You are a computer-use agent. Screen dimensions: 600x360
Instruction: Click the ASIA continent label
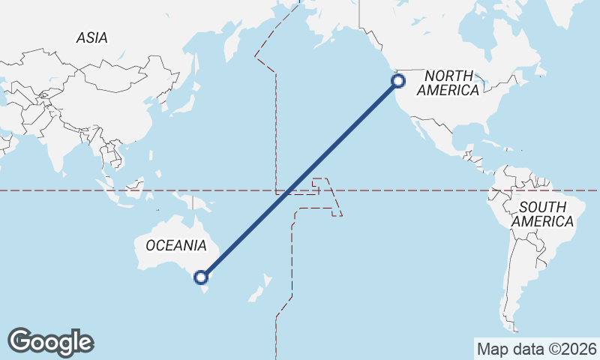(91, 37)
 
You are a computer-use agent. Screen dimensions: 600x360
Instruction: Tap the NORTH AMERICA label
(449, 83)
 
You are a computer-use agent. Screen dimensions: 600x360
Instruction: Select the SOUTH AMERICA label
(542, 214)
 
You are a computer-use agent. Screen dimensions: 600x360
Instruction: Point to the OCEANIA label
(176, 245)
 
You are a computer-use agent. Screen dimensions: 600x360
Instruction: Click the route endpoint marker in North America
(399, 81)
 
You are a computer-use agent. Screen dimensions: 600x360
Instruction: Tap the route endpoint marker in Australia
(201, 277)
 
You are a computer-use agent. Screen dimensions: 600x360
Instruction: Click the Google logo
(50, 342)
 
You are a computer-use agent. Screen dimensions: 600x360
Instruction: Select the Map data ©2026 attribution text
(536, 349)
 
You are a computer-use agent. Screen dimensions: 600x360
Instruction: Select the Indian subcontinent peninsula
(56, 154)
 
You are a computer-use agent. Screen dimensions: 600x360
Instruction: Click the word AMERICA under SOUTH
(542, 222)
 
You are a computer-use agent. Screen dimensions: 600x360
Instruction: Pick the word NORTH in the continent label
(450, 76)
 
